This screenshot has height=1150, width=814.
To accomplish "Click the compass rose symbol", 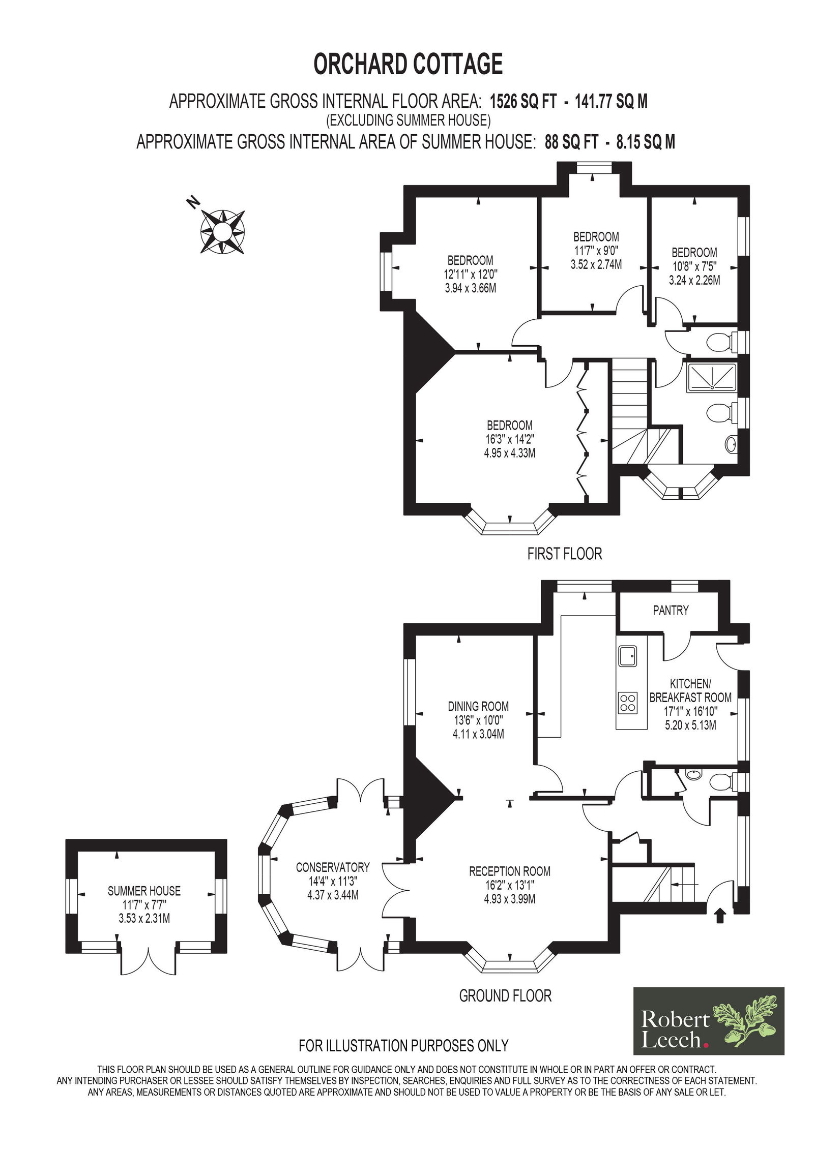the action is click(x=222, y=232).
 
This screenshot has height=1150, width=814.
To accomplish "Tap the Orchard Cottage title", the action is click(x=408, y=64).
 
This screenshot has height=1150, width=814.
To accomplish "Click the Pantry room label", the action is click(x=671, y=610).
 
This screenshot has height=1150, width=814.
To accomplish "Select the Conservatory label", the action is click(x=333, y=881).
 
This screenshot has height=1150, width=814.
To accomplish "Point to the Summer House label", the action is click(x=144, y=905).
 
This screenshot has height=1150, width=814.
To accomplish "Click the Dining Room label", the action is click(x=478, y=706).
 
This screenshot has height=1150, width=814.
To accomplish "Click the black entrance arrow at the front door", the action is click(x=720, y=930).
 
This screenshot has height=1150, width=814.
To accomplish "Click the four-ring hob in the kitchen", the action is click(x=627, y=702).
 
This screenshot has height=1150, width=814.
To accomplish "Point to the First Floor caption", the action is click(x=565, y=554).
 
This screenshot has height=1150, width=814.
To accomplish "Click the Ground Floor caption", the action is click(x=505, y=995).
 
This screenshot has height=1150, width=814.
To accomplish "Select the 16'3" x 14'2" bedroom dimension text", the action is click(x=510, y=439).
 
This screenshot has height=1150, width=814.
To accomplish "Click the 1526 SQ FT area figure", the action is click(x=523, y=101).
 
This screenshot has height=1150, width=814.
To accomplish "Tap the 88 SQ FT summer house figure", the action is click(x=571, y=142).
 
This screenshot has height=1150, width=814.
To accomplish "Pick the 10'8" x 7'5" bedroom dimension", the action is click(x=694, y=266).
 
